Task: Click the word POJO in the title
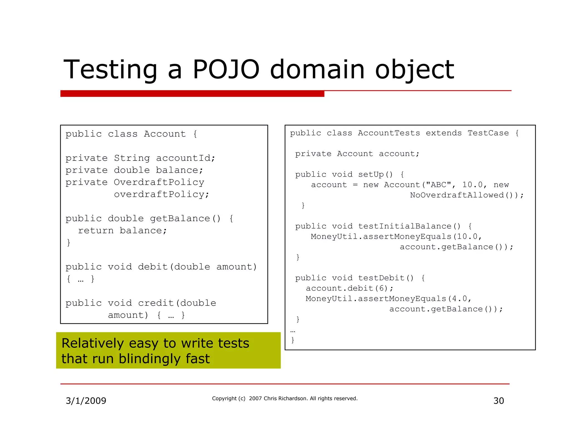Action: point(226,70)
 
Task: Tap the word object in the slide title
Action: point(414,70)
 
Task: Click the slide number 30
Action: point(498,401)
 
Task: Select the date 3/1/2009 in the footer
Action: point(86,401)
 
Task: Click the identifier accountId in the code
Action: point(185,158)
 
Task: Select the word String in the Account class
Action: point(132,158)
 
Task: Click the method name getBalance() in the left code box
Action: point(185,219)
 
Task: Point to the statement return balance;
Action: point(122,231)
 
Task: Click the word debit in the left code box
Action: point(153,267)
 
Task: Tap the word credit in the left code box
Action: point(156,303)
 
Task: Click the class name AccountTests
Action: point(389,133)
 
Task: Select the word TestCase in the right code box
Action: point(488,133)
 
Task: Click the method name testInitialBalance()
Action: point(409,226)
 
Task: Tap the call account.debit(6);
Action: point(350,288)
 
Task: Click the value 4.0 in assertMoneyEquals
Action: point(459,299)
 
